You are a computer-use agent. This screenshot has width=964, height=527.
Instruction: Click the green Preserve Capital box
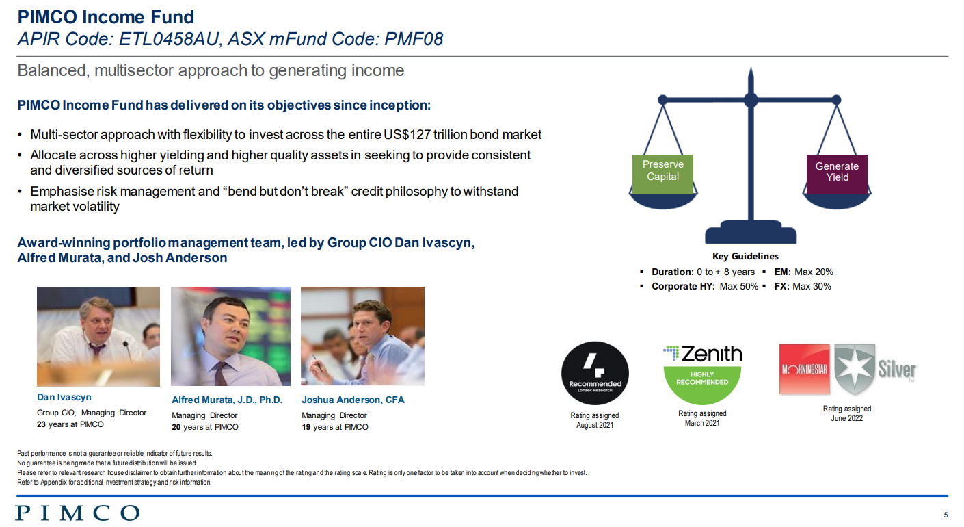tap(662, 174)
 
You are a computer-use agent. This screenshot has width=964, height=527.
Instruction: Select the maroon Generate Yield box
tap(837, 174)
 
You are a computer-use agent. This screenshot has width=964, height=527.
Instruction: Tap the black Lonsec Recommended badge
tap(595, 373)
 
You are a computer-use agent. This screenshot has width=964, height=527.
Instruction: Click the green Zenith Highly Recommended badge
tap(702, 385)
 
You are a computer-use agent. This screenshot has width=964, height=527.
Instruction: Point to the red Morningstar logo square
tap(804, 369)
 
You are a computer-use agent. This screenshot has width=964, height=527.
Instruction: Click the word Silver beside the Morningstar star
tap(897, 370)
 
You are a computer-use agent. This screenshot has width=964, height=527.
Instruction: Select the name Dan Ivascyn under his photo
tap(64, 397)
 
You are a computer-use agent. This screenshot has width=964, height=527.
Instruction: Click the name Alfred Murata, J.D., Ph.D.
tap(227, 400)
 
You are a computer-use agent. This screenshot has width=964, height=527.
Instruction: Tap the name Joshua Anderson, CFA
tap(353, 400)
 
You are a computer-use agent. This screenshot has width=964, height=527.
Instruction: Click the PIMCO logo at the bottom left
tap(77, 513)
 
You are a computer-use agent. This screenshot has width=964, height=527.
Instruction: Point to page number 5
tap(946, 515)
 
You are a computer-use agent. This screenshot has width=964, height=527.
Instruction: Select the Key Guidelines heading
tap(745, 257)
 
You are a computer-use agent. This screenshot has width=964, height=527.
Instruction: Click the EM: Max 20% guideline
tap(803, 272)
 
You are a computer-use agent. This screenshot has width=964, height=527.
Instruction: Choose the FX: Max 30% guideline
tap(803, 287)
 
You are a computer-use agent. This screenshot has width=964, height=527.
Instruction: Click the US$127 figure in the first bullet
tap(407, 134)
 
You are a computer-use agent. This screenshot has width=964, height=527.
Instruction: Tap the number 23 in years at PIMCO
tap(41, 424)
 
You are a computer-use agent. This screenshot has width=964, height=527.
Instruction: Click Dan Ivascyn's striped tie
tap(96, 352)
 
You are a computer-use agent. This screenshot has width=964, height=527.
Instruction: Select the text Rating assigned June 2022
tap(847, 413)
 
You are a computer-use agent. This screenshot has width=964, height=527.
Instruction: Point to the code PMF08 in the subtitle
tap(414, 39)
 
